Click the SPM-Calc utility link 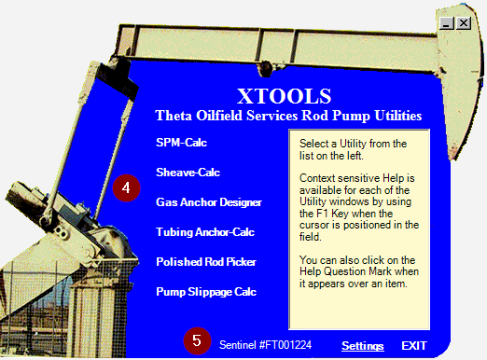point(181,143)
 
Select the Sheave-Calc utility point(188,173)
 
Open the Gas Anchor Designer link point(209,202)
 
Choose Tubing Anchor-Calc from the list point(205,232)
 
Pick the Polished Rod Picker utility point(206,262)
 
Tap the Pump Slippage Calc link point(206,292)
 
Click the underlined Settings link point(363,346)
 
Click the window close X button point(464,23)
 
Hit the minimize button point(447,23)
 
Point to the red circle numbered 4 point(126,187)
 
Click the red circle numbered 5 point(197,340)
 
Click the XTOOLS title point(285,96)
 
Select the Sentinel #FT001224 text point(265,345)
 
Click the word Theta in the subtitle point(174,116)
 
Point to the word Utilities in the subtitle point(398,116)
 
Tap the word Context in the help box point(317,178)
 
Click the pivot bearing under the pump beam point(265,69)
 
